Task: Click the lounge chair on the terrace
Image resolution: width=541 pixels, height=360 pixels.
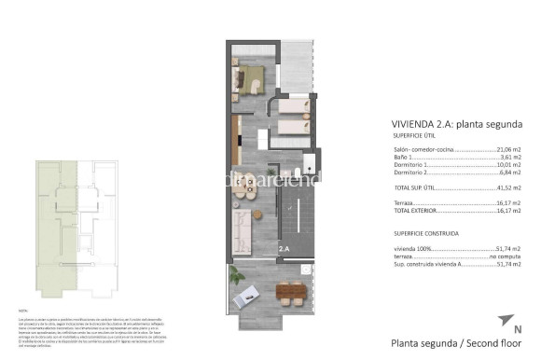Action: click(252, 297)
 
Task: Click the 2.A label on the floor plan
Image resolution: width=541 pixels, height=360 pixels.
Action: click(284, 249)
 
